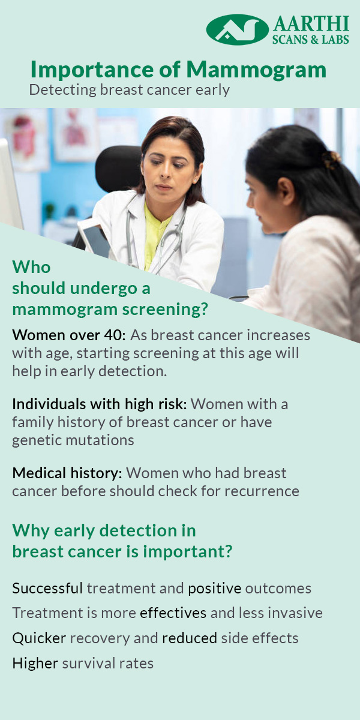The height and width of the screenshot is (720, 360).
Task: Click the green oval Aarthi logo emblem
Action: click(x=237, y=29)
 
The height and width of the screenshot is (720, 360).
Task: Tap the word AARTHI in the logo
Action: click(x=311, y=23)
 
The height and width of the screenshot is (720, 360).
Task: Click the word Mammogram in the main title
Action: click(x=256, y=70)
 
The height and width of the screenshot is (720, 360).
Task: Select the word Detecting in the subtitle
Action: click(x=62, y=91)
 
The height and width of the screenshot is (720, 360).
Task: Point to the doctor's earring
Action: click(x=195, y=181)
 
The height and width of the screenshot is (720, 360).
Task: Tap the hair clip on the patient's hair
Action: click(x=331, y=160)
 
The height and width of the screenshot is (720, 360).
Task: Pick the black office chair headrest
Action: click(x=119, y=168)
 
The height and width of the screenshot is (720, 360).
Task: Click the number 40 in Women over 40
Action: click(x=114, y=335)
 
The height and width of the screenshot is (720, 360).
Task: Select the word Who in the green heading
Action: click(x=31, y=267)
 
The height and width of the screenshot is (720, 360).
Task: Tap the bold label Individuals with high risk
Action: click(x=100, y=404)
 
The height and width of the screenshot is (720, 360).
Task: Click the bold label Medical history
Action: click(x=67, y=473)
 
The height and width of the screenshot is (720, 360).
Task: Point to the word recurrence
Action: click(x=262, y=491)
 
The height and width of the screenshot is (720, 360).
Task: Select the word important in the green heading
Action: click(x=187, y=552)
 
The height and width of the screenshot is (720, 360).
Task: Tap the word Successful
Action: click(x=47, y=589)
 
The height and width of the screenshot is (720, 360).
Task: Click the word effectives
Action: click(x=173, y=613)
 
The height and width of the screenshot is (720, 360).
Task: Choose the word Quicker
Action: click(x=39, y=638)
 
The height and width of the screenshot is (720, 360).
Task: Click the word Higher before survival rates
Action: click(x=35, y=663)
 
